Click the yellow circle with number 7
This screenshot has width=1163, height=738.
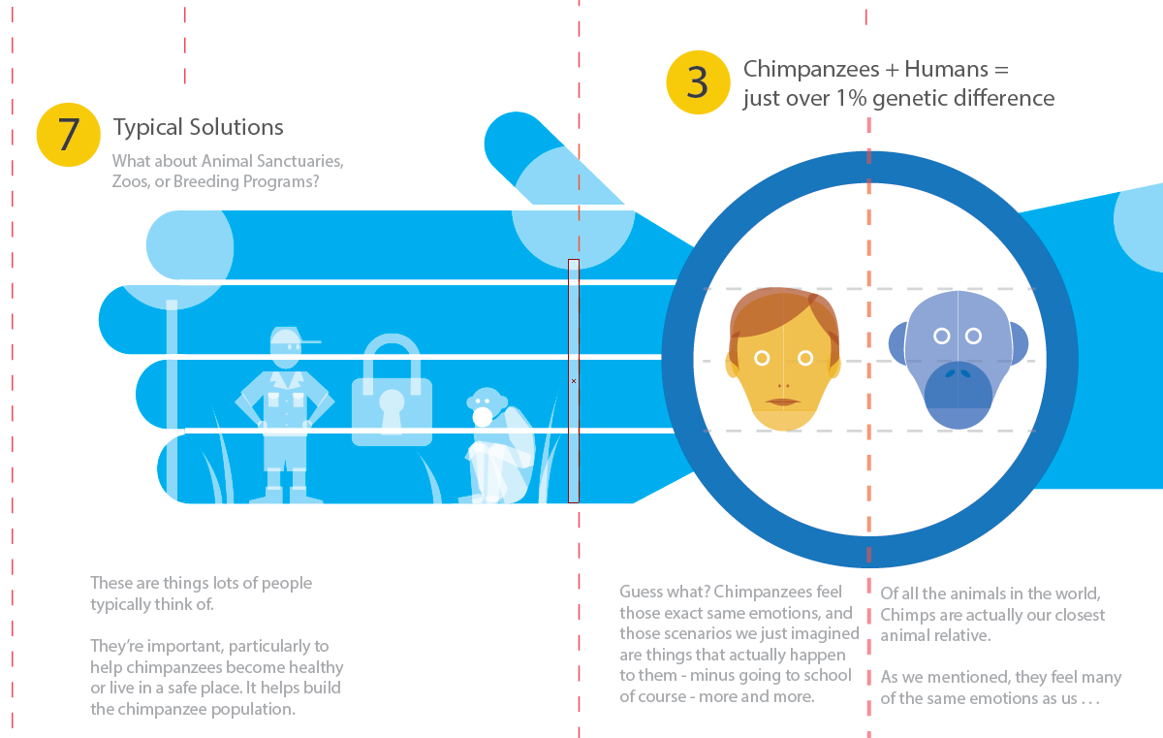click(x=68, y=135)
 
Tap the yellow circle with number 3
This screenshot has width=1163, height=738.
click(x=698, y=82)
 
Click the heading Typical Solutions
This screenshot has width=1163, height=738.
click(x=199, y=128)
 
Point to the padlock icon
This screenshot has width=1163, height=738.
click(x=392, y=390)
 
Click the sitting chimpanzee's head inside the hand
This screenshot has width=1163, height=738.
click(x=487, y=404)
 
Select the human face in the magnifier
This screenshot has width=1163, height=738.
click(x=783, y=360)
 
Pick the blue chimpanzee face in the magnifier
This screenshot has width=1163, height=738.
click(x=958, y=360)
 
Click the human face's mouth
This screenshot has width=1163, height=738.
click(x=783, y=401)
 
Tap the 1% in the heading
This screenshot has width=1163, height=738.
click(x=851, y=99)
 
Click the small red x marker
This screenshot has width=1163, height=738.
click(x=574, y=381)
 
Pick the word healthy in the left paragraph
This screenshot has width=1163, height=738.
click(x=316, y=667)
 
